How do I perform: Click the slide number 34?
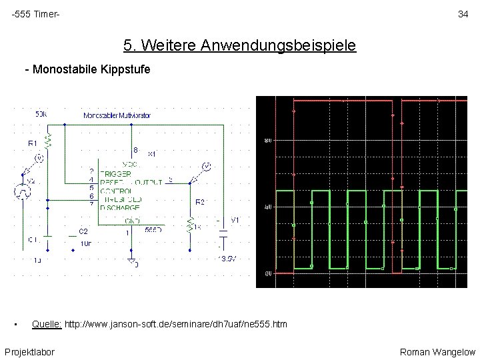[x=463, y=14]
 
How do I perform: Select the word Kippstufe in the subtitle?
[x=126, y=69]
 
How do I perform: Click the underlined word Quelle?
[x=47, y=325]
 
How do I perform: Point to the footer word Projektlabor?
[x=29, y=351]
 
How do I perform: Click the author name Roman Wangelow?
[x=437, y=351]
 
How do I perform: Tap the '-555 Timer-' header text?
[x=35, y=14]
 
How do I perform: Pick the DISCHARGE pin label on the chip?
[x=120, y=207]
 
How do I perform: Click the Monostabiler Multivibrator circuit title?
[x=117, y=115]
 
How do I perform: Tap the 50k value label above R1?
[x=41, y=114]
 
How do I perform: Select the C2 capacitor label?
[x=83, y=231]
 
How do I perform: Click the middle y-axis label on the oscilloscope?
[x=267, y=207]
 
